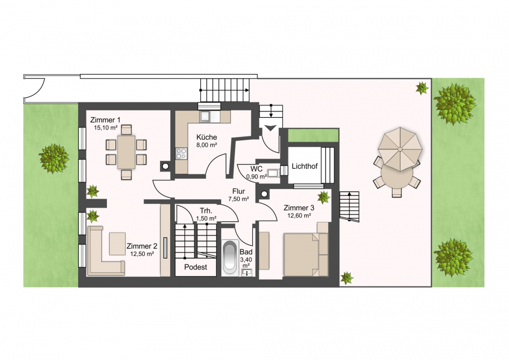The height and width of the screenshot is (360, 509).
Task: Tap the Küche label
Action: point(206,137)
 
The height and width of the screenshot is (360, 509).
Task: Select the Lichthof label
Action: point(304,166)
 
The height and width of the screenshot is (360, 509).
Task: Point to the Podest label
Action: point(196,267)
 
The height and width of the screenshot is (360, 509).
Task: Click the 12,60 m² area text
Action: point(299,215)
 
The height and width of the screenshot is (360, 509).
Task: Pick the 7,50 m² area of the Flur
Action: point(239,199)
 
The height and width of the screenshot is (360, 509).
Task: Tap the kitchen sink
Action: point(205,116)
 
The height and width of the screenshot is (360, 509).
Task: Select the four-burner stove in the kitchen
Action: point(182,154)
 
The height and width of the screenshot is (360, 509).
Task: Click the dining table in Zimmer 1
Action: point(126,152)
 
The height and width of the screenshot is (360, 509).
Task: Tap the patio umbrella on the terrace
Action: point(400,149)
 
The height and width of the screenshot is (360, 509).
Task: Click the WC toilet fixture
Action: point(273,173)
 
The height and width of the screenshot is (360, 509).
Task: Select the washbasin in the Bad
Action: point(247,272)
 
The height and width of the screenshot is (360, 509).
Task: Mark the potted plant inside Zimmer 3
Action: point(323,197)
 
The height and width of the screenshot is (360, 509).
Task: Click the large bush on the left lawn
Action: point(54,158)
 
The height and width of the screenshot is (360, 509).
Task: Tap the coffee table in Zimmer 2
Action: point(117,244)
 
